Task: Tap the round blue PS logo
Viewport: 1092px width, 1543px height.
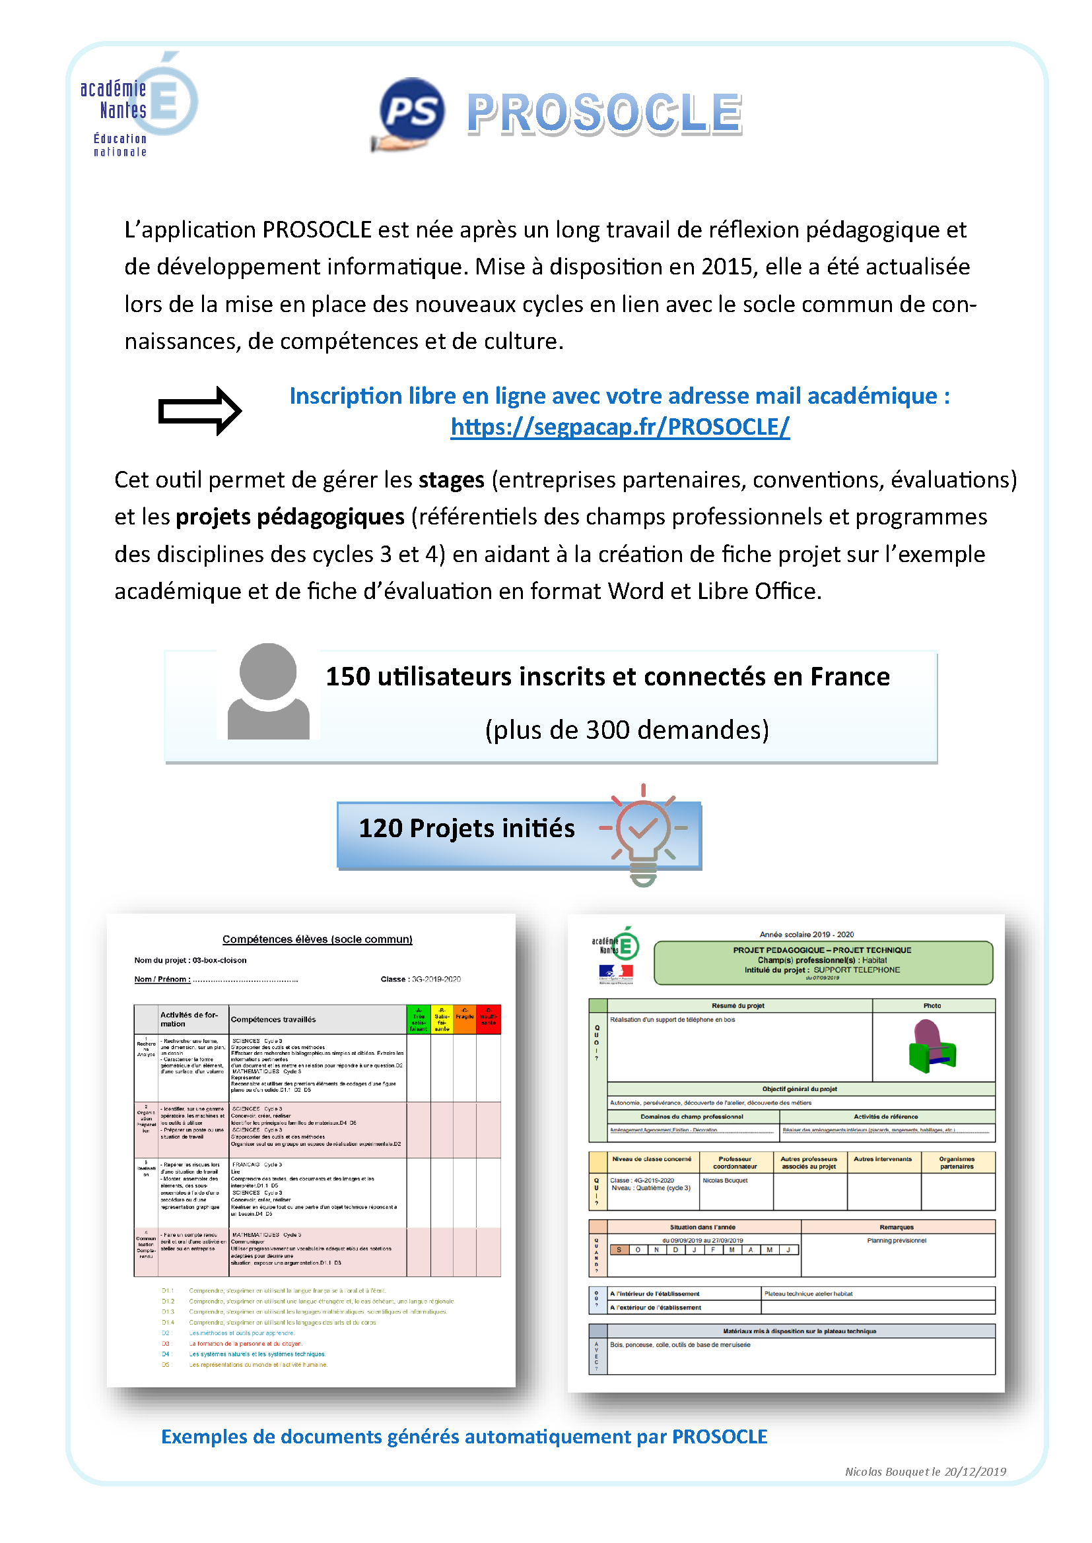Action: (x=411, y=111)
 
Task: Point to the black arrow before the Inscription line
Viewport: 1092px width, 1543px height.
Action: (x=199, y=410)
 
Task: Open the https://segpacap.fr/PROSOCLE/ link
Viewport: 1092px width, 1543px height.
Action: (x=619, y=427)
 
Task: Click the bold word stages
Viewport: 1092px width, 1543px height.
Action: (x=451, y=480)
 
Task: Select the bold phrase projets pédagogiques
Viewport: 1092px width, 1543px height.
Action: (x=290, y=517)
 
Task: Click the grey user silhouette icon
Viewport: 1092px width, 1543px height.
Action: (x=268, y=691)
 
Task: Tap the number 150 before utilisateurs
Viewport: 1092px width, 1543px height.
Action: (x=348, y=677)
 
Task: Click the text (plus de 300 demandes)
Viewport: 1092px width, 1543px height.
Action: (x=627, y=730)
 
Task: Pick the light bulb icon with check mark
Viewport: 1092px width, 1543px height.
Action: (x=643, y=833)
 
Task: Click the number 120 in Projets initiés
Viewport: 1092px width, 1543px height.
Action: (x=380, y=829)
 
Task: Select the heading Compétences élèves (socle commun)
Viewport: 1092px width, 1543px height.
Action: (x=318, y=939)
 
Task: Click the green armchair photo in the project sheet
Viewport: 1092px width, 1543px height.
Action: (x=932, y=1046)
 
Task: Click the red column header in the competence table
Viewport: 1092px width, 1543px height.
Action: (x=488, y=1019)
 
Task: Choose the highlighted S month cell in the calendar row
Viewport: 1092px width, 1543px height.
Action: (x=619, y=1249)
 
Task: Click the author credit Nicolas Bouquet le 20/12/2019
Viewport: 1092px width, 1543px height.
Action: (x=924, y=1472)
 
